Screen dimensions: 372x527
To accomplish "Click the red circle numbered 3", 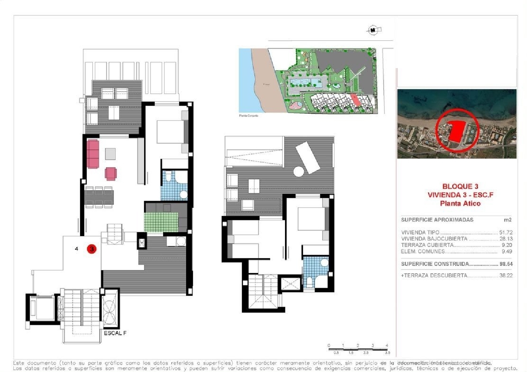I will click(x=91, y=249).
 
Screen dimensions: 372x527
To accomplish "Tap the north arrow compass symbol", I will click(x=373, y=30).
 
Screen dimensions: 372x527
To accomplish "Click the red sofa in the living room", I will click(x=93, y=154).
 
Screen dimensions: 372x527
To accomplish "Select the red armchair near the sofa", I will click(x=111, y=173).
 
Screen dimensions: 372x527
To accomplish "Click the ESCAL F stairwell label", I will click(x=115, y=333).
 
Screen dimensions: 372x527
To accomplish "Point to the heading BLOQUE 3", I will click(x=460, y=186).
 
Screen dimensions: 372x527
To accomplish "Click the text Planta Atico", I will click(x=460, y=203).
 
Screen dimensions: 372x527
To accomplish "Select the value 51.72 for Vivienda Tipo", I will click(x=506, y=232).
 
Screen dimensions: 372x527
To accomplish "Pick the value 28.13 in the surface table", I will click(x=506, y=239).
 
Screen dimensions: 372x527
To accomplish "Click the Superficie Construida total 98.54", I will click(x=506, y=264).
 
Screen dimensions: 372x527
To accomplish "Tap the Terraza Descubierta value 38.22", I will click(x=506, y=275).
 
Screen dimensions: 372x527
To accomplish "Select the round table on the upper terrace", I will click(x=298, y=172).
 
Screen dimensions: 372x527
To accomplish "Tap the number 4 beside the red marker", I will click(x=77, y=249).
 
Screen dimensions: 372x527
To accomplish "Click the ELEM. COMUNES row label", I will click(x=423, y=251).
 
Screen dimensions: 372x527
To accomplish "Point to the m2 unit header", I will click(x=508, y=220).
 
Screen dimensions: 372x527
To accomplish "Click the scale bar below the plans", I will click(x=358, y=349).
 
